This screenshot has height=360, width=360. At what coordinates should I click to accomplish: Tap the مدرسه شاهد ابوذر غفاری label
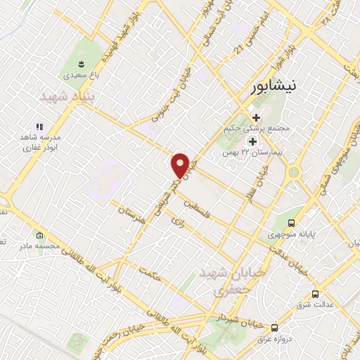(41, 142)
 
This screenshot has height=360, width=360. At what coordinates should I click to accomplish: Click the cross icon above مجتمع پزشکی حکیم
(256, 118)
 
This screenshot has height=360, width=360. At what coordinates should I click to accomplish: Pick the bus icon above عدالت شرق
(314, 294)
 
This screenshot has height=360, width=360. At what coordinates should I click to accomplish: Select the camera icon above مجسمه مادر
(39, 236)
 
